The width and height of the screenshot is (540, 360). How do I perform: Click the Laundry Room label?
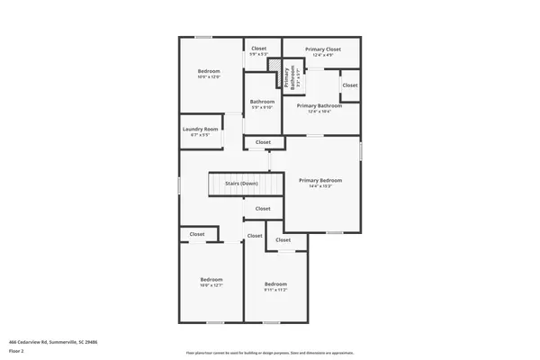(200, 129)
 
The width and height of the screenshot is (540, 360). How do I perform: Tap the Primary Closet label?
(322, 49)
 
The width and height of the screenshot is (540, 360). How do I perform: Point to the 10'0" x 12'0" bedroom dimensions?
(209, 76)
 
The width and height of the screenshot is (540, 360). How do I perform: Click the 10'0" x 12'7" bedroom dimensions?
(210, 285)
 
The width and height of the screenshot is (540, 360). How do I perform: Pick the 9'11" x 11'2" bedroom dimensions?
(275, 290)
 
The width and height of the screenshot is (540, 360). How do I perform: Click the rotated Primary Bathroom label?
(291, 78)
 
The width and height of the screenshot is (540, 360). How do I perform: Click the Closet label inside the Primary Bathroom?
(349, 85)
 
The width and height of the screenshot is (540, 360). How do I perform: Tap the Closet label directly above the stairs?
(263, 142)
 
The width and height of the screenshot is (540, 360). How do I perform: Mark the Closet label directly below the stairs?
(262, 209)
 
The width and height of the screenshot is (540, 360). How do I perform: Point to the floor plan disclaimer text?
(270, 352)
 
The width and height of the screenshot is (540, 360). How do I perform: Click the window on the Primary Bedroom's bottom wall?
(334, 233)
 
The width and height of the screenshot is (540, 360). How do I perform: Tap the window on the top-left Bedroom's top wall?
(204, 37)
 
